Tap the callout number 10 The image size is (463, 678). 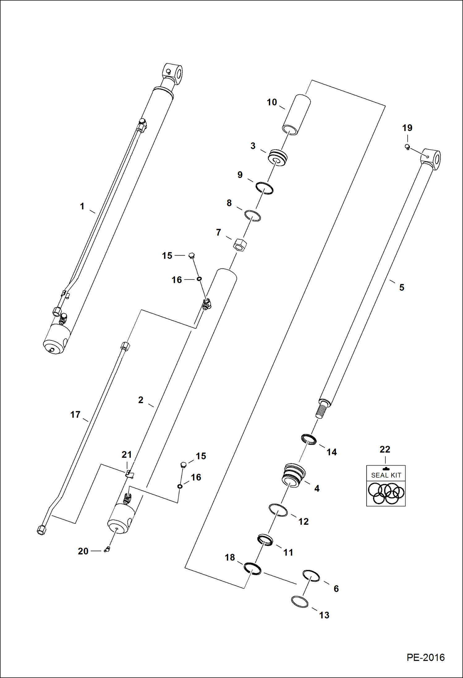click(x=272, y=102)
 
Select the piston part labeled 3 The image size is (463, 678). click(x=278, y=158)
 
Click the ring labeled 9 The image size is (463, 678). click(x=265, y=188)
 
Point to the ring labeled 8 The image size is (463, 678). click(x=253, y=215)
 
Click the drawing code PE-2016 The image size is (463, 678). click(x=425, y=657)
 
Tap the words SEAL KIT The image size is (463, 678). click(x=386, y=475)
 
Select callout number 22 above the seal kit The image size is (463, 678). click(x=385, y=449)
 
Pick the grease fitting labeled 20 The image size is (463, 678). click(x=107, y=549)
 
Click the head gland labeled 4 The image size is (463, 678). click(x=294, y=475)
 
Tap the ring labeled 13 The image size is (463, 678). click(x=300, y=601)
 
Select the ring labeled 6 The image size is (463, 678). click(x=311, y=575)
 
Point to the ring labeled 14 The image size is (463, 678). click(x=309, y=439)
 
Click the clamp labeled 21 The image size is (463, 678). click(x=130, y=474)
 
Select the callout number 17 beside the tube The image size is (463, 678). click(x=75, y=415)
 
